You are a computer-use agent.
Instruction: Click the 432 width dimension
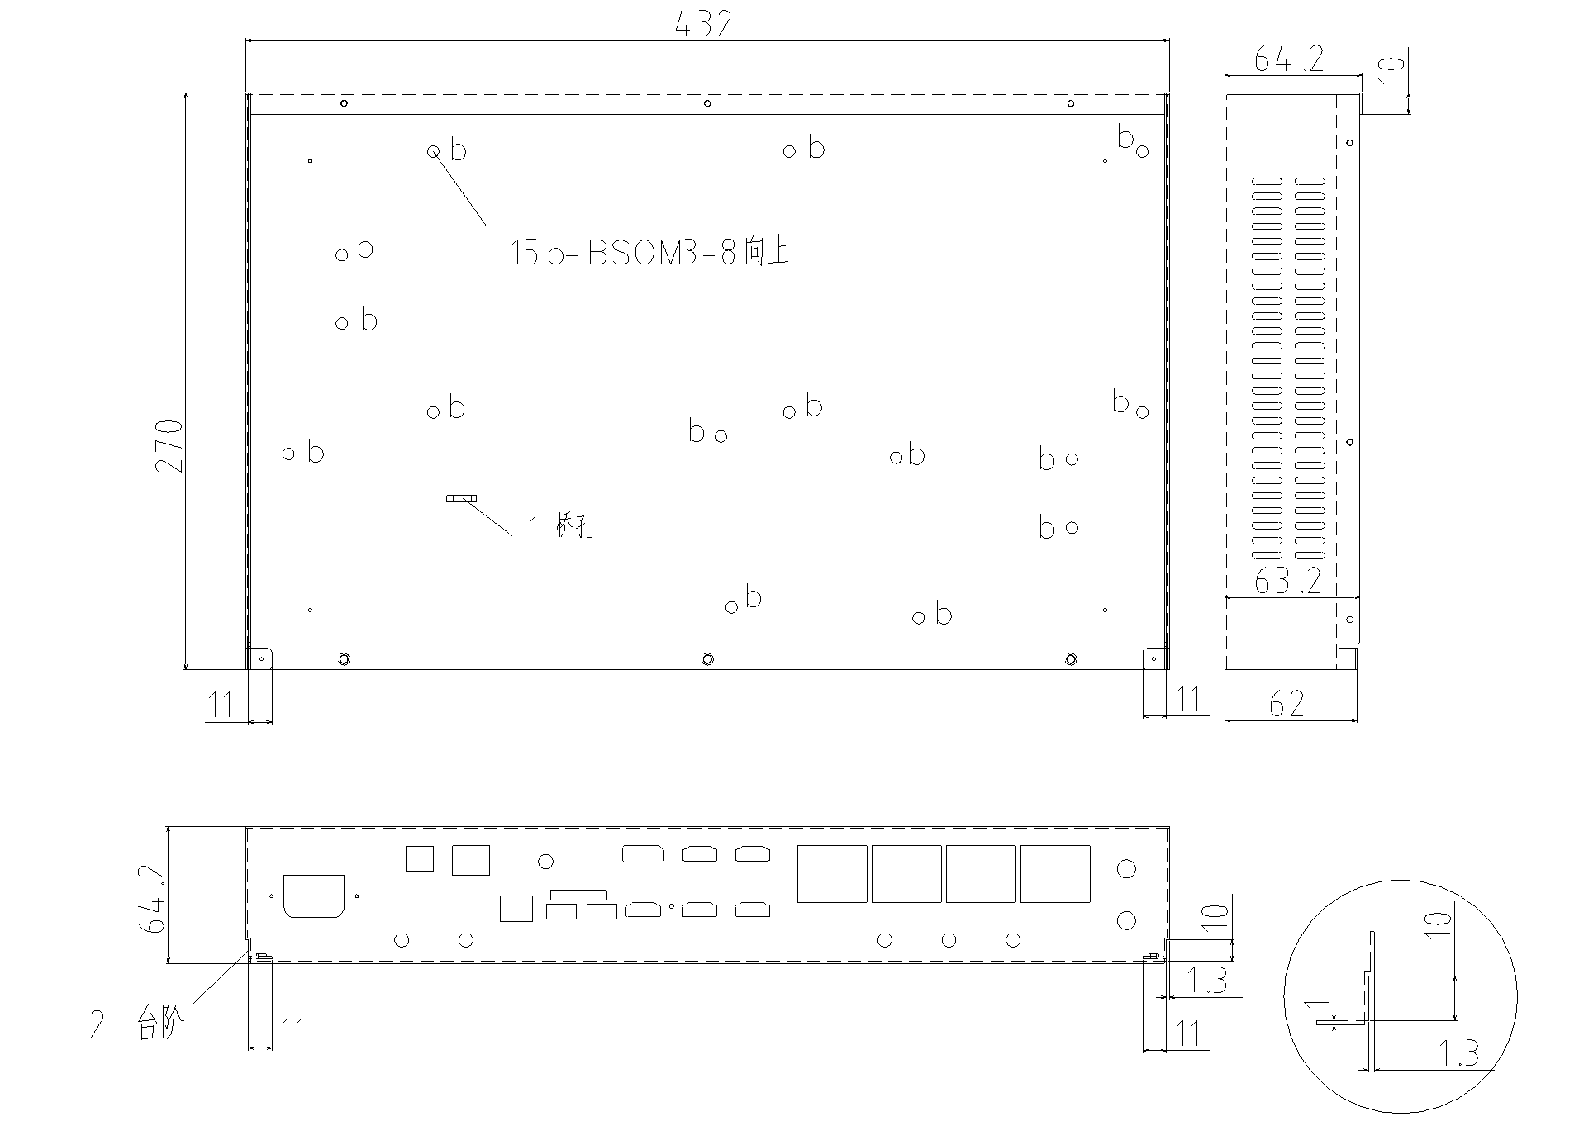(703, 24)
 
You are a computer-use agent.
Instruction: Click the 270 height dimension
(169, 446)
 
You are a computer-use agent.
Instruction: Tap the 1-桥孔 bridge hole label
(562, 526)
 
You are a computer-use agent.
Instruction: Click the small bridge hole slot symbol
(462, 498)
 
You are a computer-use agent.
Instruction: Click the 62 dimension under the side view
(1287, 704)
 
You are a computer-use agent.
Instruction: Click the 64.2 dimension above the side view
(1288, 59)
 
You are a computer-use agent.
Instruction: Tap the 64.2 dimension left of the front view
(153, 900)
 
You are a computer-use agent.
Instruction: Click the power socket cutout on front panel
(314, 896)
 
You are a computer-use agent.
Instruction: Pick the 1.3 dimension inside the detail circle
(1458, 1053)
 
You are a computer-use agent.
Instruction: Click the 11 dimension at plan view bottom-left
(221, 705)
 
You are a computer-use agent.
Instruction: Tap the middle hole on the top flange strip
(707, 103)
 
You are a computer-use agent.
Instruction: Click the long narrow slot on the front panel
(578, 895)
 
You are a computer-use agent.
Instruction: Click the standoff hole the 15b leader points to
(433, 151)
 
